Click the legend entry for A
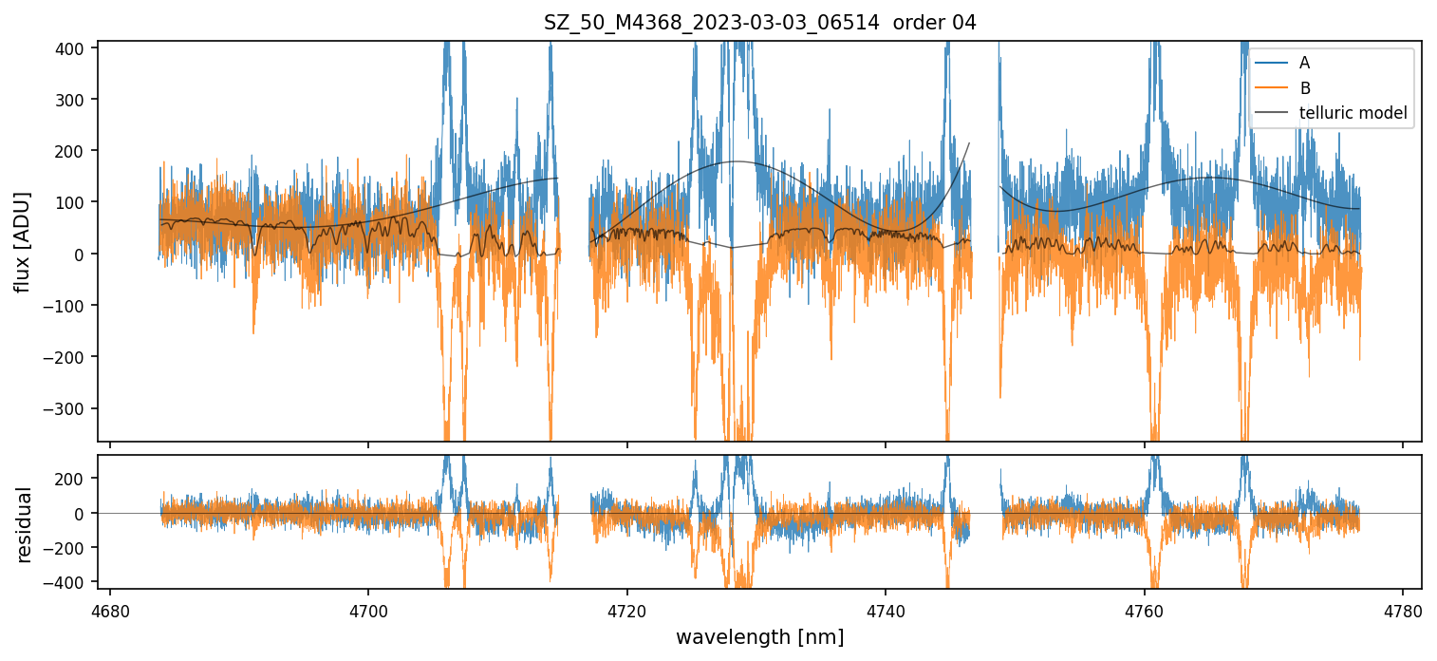[1304, 63]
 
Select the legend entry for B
[1304, 88]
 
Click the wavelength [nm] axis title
[759, 637]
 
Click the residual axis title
[24, 524]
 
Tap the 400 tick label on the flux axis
[72, 47]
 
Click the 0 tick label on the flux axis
[82, 254]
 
